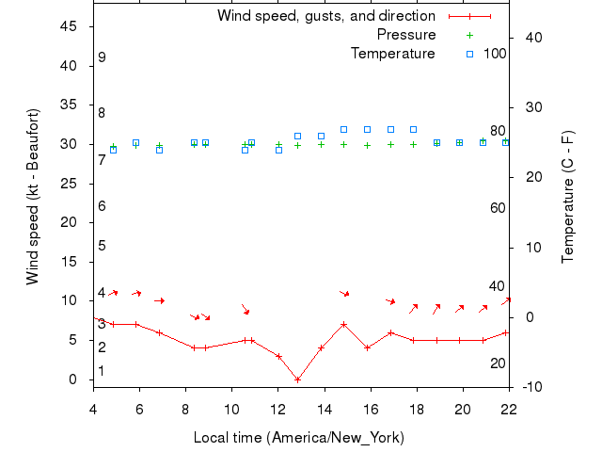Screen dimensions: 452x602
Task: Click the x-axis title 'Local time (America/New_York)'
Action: tap(298, 438)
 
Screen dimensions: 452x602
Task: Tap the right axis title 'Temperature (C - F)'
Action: tap(568, 196)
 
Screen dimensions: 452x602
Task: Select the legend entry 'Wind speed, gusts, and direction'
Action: tap(325, 16)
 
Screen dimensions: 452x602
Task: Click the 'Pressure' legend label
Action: tap(406, 35)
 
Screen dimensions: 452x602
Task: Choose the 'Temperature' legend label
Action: tap(393, 54)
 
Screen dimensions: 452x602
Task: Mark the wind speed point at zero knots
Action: tap(297, 379)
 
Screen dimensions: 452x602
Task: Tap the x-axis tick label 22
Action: tap(509, 408)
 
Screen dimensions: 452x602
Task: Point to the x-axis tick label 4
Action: tap(93, 408)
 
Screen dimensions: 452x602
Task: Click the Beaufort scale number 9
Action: tap(102, 57)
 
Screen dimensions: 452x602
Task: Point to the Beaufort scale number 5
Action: tap(102, 246)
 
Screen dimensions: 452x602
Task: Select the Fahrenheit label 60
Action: tap(499, 208)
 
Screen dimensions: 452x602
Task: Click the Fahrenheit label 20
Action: tap(499, 363)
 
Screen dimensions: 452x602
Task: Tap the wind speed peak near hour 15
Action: tap(344, 324)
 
